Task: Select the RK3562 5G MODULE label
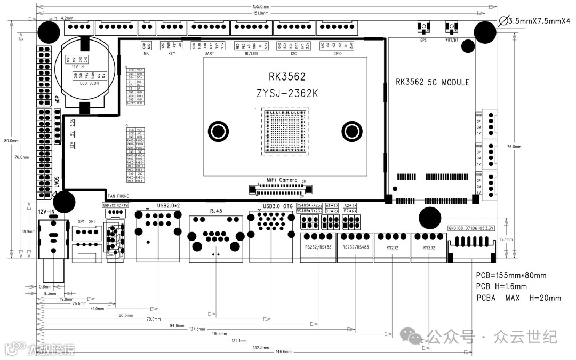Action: (x=433, y=82)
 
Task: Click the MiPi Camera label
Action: (x=282, y=180)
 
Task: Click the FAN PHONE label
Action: (x=118, y=196)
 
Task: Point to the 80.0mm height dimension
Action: (x=11, y=141)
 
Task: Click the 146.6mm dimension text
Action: (x=283, y=352)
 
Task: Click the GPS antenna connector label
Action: (x=423, y=39)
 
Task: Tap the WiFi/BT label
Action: (x=452, y=39)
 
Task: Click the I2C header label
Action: (x=293, y=54)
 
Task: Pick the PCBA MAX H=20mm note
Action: (x=518, y=298)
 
